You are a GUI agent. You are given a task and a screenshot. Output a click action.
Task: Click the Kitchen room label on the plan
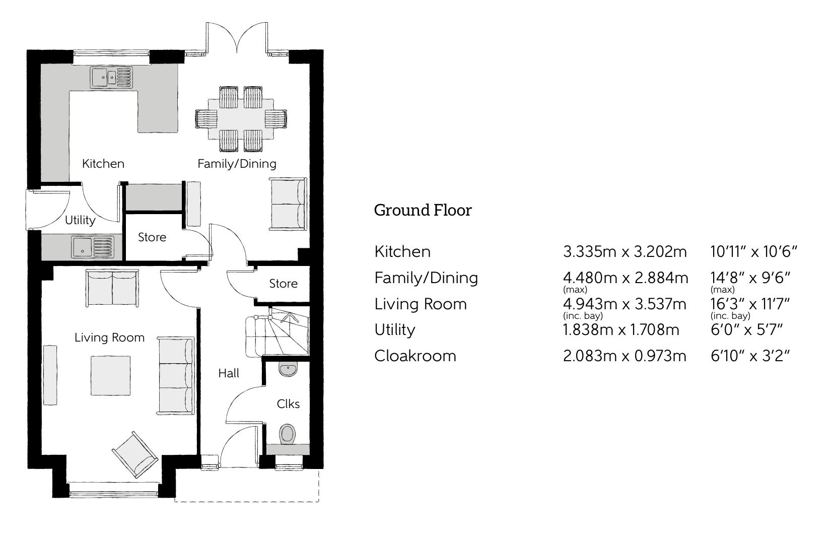click(103, 164)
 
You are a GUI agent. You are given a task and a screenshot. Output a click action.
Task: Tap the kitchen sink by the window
click(112, 77)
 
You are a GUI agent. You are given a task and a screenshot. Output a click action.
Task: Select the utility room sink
click(93, 247)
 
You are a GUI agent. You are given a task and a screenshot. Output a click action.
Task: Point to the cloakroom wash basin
click(288, 369)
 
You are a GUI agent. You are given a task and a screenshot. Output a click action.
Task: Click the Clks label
click(288, 404)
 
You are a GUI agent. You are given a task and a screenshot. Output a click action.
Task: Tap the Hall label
click(229, 373)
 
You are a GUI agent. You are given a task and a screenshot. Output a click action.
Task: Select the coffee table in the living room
click(110, 376)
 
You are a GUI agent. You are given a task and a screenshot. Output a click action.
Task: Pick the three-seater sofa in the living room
click(175, 376)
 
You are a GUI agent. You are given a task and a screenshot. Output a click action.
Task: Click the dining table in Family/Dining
click(241, 119)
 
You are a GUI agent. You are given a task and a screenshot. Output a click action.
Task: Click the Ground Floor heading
click(423, 210)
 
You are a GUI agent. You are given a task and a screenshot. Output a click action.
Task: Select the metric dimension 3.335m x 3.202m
click(625, 251)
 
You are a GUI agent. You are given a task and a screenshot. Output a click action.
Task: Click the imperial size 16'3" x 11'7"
click(749, 304)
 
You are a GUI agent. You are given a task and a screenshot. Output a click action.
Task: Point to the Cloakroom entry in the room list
click(415, 356)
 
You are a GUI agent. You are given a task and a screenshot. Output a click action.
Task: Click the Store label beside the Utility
click(152, 237)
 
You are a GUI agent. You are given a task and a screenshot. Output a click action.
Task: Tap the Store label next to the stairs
click(283, 284)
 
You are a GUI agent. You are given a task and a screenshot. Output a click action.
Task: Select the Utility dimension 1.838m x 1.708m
click(621, 330)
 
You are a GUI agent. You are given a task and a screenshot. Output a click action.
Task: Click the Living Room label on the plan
click(109, 338)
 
